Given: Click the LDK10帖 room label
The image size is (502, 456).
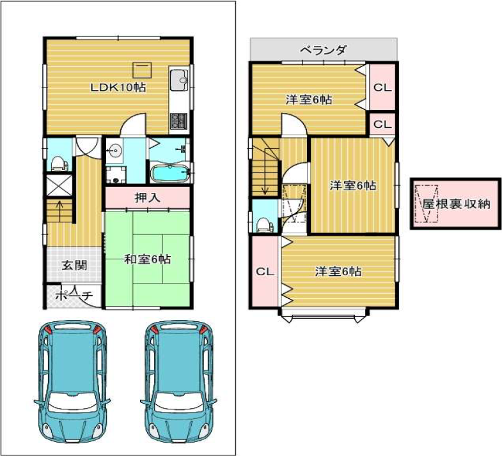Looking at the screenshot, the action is click(x=118, y=87).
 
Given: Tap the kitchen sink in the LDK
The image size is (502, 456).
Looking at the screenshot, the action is click(x=179, y=80).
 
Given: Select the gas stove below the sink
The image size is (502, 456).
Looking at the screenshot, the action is click(x=178, y=121).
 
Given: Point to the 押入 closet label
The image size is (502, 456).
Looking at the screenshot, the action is click(x=147, y=198).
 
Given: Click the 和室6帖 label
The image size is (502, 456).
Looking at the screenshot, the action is click(x=147, y=259).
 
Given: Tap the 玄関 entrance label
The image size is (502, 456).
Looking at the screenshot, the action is click(x=74, y=265).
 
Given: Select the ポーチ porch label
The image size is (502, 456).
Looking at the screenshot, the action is click(x=74, y=295).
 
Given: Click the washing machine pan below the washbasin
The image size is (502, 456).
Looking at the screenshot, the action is click(x=116, y=174).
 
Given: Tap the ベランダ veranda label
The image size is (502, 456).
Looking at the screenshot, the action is click(x=324, y=50).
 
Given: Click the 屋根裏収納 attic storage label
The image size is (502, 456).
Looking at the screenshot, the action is click(x=456, y=204).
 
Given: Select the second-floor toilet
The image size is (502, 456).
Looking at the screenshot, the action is click(x=265, y=224).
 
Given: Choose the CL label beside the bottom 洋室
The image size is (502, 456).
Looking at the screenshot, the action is click(x=265, y=272).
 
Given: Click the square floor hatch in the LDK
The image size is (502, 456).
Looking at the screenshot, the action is click(x=143, y=70).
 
